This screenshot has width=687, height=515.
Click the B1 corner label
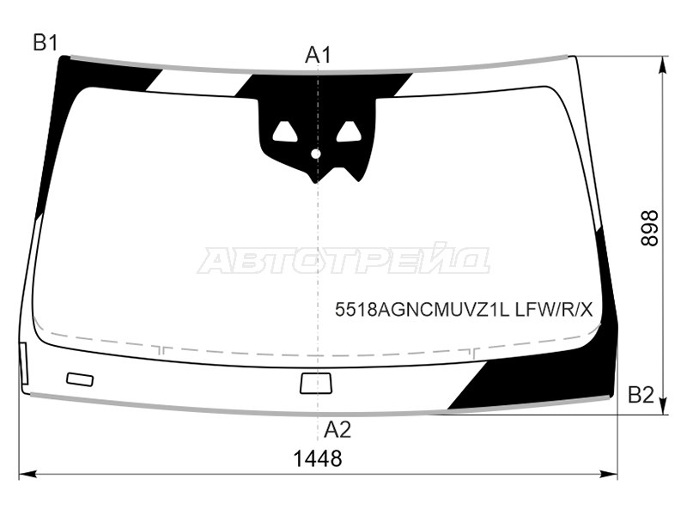46,43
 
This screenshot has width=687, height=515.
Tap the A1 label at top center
319,55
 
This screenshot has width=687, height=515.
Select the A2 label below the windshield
337,430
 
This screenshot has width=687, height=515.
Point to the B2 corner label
641,395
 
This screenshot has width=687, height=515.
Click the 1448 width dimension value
317,458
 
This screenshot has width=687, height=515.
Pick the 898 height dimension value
650,228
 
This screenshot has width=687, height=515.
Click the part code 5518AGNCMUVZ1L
422,310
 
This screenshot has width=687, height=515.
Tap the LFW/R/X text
554,310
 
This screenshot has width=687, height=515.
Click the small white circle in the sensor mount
316,154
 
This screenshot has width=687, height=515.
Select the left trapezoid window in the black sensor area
285,132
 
